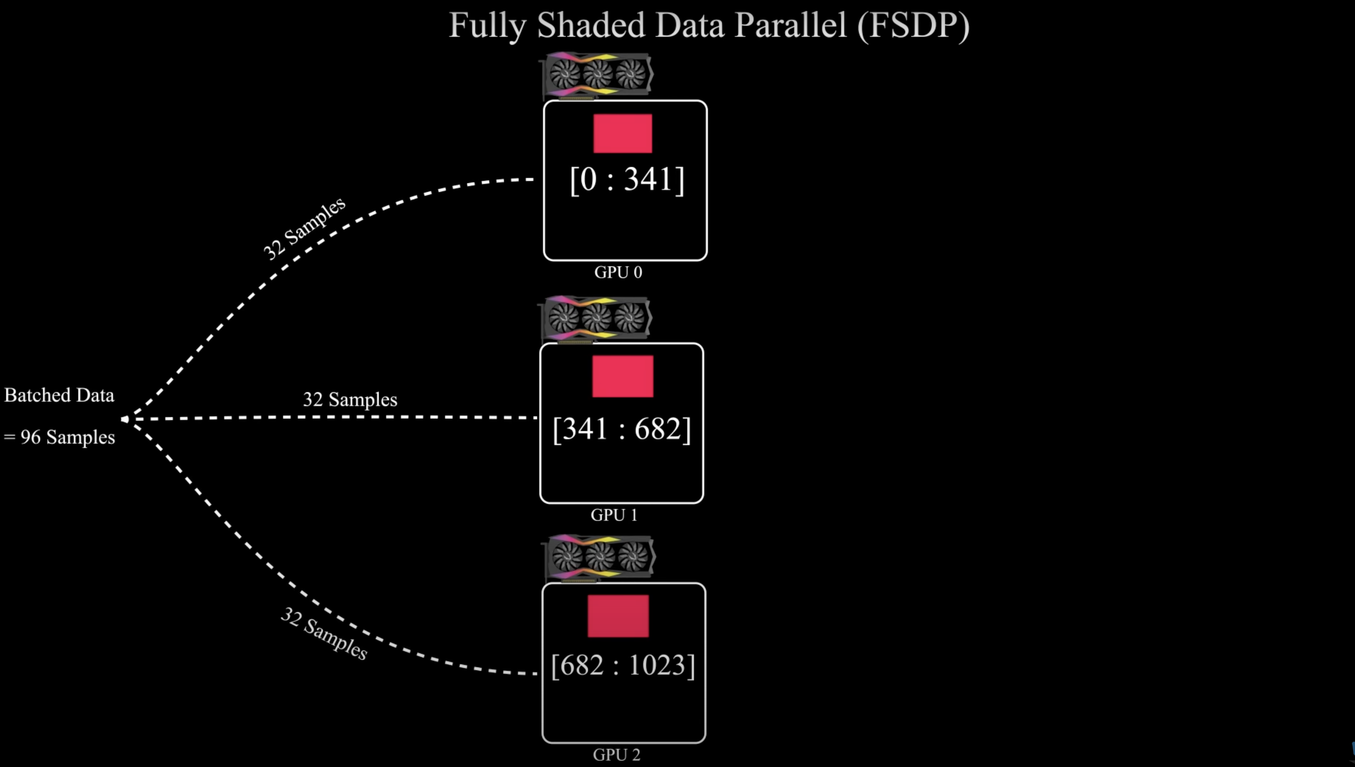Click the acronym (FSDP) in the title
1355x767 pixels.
pos(913,26)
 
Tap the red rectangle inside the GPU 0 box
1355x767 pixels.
pos(622,133)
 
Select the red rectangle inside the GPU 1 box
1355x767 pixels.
pos(622,376)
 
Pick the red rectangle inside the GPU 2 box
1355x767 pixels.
pos(618,616)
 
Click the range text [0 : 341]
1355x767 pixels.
pos(627,179)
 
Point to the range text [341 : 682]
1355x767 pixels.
pos(622,429)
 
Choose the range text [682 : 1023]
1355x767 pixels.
pos(623,665)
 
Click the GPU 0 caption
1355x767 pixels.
pos(618,272)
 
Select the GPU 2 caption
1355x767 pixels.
pos(616,755)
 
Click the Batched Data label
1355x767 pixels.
pos(59,395)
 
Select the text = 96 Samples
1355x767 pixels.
pos(59,437)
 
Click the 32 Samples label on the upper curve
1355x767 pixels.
pos(304,228)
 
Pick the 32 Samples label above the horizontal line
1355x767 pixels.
pos(350,399)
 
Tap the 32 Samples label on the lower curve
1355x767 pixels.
pos(324,634)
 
